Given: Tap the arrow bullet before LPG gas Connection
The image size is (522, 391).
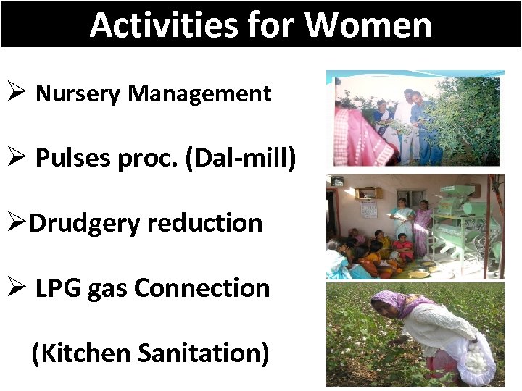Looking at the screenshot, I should (x=17, y=288).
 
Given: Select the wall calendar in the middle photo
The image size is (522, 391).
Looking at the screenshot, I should (x=369, y=209).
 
